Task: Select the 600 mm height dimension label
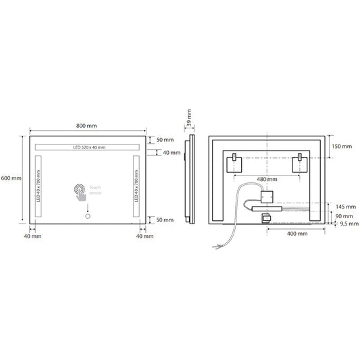click(11, 178)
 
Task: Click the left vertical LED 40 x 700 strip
click(38, 188)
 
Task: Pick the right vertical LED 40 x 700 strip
click(136, 188)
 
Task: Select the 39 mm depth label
click(189, 118)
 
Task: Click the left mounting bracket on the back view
click(234, 161)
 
